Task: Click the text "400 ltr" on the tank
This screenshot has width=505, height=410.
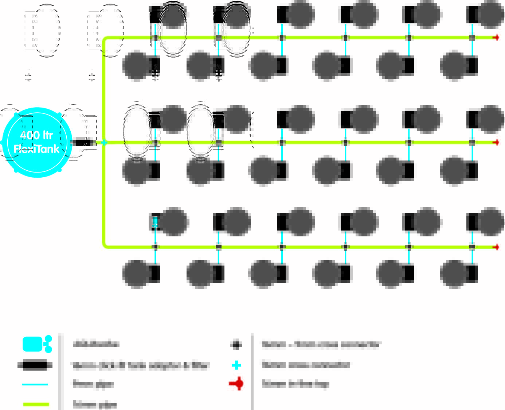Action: pyautogui.click(x=36, y=135)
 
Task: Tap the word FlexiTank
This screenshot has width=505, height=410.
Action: pyautogui.click(x=36, y=149)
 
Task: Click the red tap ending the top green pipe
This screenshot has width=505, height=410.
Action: pyautogui.click(x=496, y=38)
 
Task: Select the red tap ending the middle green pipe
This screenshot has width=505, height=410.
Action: pyautogui.click(x=496, y=142)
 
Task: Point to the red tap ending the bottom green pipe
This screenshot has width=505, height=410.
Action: pyautogui.click(x=496, y=247)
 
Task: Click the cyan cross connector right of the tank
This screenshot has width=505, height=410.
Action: pyautogui.click(x=104, y=142)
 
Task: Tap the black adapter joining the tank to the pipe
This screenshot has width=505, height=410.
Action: pyautogui.click(x=83, y=142)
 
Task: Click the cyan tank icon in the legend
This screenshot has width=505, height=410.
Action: pyautogui.click(x=37, y=344)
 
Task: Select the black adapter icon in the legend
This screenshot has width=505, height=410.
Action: pyautogui.click(x=35, y=365)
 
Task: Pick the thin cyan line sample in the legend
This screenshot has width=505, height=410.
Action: pyautogui.click(x=35, y=384)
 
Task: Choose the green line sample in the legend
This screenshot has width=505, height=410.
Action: pyautogui.click(x=36, y=404)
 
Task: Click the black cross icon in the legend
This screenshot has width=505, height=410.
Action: pyautogui.click(x=236, y=345)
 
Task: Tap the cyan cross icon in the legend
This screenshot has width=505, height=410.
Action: pyautogui.click(x=236, y=365)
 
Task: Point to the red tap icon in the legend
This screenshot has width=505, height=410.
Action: pyautogui.click(x=237, y=384)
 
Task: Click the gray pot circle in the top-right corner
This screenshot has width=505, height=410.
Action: pyautogui.click(x=490, y=15)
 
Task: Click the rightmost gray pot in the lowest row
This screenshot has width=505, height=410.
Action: pyautogui.click(x=454, y=274)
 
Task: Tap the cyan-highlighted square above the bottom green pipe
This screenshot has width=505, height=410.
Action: pyautogui.click(x=155, y=222)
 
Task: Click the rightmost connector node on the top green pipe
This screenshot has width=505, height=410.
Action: pyautogui.click(x=472, y=38)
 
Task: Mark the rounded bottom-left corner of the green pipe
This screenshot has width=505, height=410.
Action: pyautogui.click(x=106, y=245)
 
